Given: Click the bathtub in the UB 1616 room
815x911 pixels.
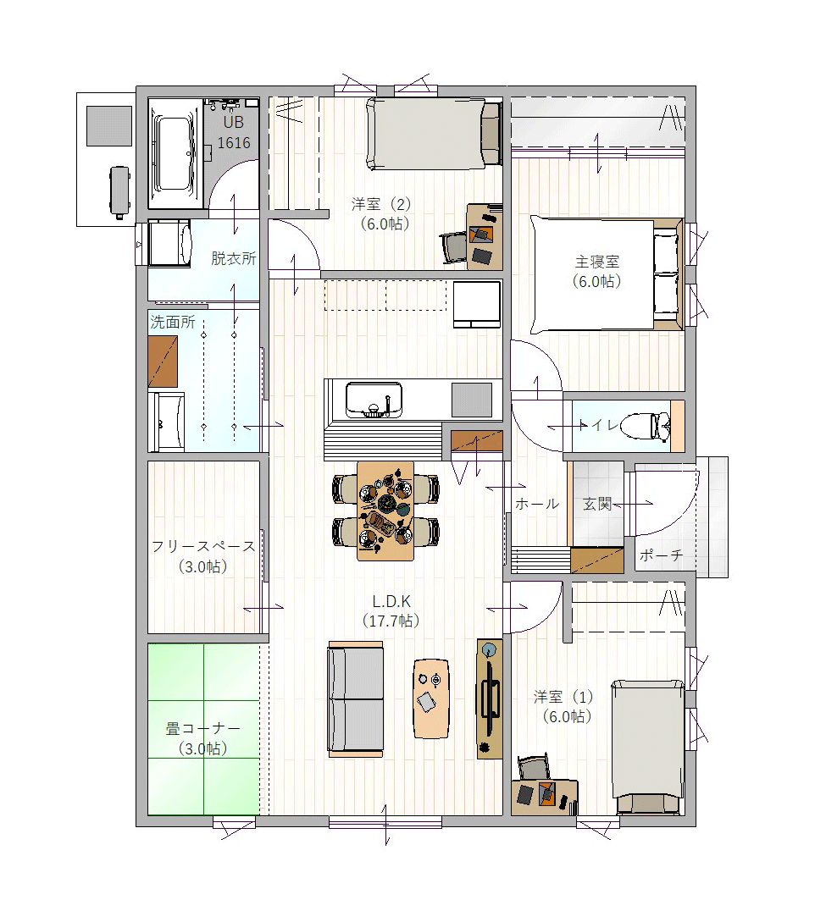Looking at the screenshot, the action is (x=175, y=153).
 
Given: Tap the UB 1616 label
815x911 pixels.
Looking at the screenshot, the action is (x=234, y=132).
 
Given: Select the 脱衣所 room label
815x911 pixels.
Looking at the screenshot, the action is (x=233, y=258).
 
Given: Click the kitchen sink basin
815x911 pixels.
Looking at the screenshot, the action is (x=374, y=399).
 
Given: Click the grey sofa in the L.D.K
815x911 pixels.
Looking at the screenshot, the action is (x=355, y=699).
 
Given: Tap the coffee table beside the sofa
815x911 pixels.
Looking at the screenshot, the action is (x=430, y=698).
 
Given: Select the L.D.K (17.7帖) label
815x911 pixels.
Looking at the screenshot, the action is (x=391, y=610).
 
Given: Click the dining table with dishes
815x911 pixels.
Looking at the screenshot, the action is (x=385, y=511).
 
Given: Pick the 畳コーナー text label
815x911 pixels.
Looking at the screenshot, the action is (x=202, y=728).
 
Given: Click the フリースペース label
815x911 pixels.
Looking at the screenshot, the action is (x=202, y=546).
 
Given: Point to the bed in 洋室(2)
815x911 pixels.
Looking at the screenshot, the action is (x=434, y=135).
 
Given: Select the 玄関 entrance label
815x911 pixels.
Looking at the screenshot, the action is (x=597, y=504).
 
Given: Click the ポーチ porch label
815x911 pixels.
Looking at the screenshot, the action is (x=661, y=555).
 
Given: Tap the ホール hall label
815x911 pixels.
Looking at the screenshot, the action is (x=536, y=504).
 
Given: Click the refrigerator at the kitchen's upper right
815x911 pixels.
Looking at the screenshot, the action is (x=477, y=305).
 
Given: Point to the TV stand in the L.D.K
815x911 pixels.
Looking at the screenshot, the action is (x=490, y=698).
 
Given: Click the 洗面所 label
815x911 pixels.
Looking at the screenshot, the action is (x=173, y=322).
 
